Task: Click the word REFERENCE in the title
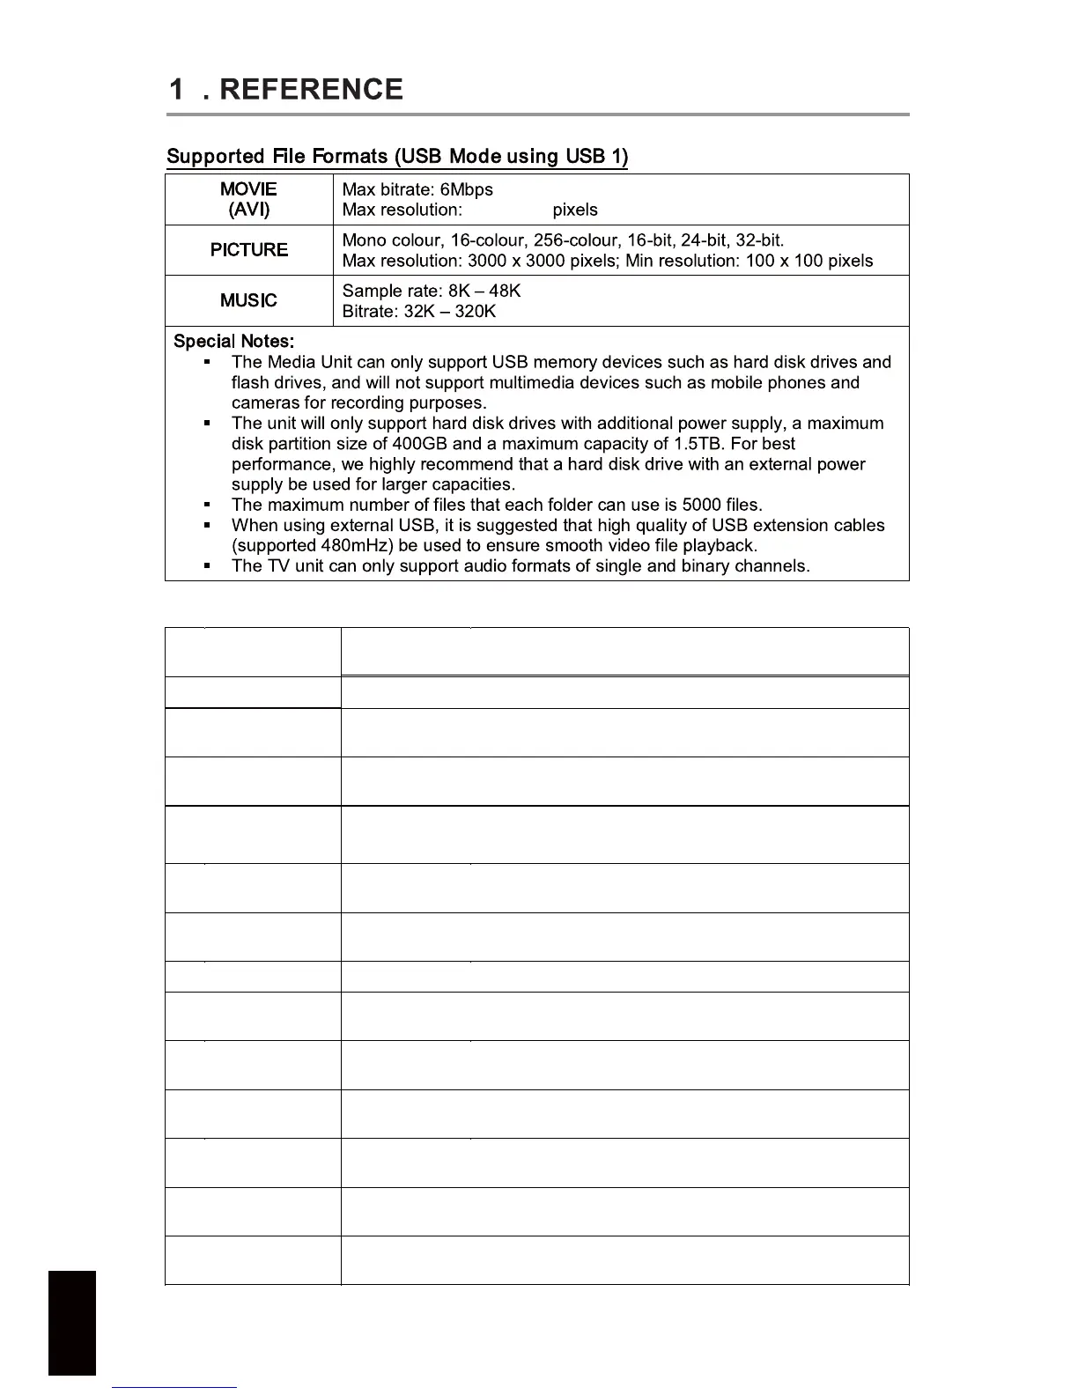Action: pos(311,89)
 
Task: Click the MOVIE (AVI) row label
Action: pos(248,199)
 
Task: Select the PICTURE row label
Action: pos(248,250)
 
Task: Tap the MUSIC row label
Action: pos(248,300)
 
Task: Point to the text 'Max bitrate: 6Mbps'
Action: pos(417,189)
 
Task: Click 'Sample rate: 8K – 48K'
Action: pos(432,291)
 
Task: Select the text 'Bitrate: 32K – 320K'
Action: pos(419,311)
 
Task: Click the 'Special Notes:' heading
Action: pos(233,341)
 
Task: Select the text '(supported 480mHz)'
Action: pos(312,545)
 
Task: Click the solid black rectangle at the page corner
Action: pos(71,1322)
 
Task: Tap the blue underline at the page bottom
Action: pos(174,1387)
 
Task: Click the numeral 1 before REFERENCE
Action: pos(177,89)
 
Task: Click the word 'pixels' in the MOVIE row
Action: pos(575,210)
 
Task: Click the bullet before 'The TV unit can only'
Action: pos(206,566)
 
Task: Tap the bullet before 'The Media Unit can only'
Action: pos(206,362)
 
